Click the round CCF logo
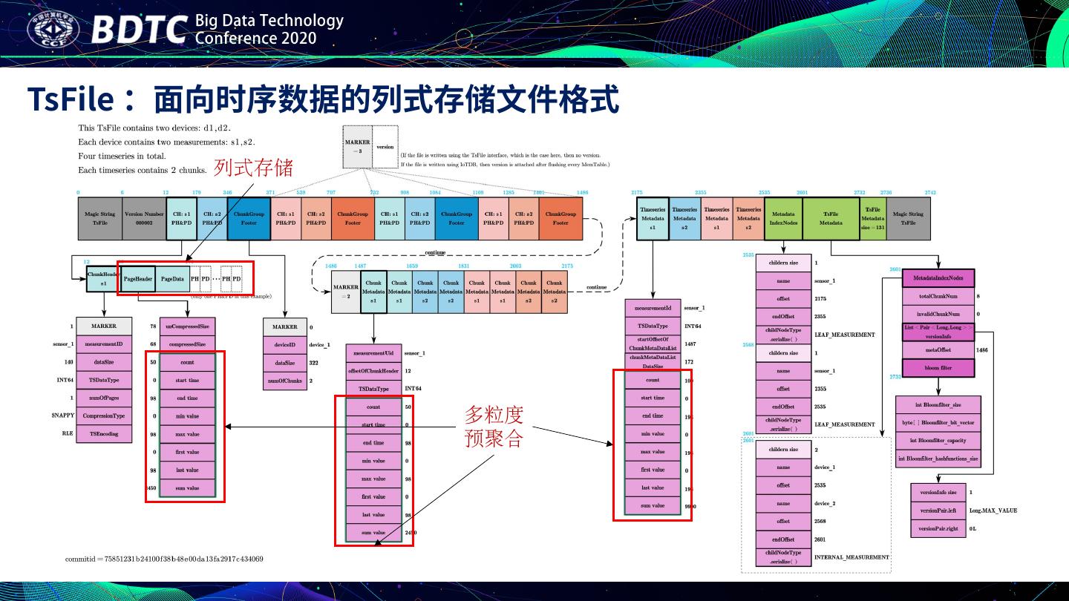click(x=53, y=29)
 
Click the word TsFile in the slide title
click(x=71, y=99)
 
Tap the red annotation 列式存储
click(x=253, y=168)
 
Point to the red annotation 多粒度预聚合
click(x=494, y=426)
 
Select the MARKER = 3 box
click(x=357, y=146)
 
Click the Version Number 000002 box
click(x=144, y=218)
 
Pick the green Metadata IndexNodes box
click(x=782, y=218)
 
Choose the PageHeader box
click(x=138, y=279)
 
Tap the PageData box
click(x=172, y=279)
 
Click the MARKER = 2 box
click(x=346, y=291)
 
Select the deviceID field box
click(x=284, y=345)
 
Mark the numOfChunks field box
click(x=284, y=381)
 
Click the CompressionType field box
click(x=104, y=416)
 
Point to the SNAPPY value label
click(x=62, y=416)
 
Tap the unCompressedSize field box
click(x=187, y=326)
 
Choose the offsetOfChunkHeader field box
click(x=373, y=371)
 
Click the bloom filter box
click(x=938, y=367)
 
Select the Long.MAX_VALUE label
click(x=993, y=510)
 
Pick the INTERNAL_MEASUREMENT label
click(x=851, y=557)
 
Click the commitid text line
click(x=163, y=559)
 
